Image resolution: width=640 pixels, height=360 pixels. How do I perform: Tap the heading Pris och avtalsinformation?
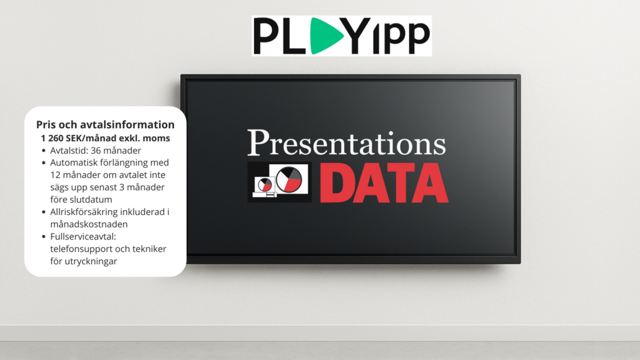click(x=105, y=124)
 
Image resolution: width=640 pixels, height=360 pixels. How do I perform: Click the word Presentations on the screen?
click(x=347, y=142)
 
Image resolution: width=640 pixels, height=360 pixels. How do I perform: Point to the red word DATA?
click(x=384, y=183)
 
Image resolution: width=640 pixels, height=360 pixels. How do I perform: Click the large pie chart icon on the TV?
click(x=289, y=180)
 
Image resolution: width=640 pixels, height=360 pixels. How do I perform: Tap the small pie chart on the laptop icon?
click(x=265, y=185)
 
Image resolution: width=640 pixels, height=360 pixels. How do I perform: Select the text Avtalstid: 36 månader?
click(x=96, y=150)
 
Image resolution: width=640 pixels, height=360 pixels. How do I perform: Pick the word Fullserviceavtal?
click(x=83, y=237)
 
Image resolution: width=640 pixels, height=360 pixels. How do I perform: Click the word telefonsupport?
click(x=78, y=249)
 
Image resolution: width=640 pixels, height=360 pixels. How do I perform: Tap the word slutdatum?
click(x=93, y=200)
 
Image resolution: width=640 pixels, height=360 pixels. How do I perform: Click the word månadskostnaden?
click(x=89, y=224)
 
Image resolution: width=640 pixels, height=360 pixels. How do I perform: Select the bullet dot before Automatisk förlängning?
click(x=43, y=163)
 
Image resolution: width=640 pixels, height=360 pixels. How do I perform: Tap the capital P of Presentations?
click(x=258, y=142)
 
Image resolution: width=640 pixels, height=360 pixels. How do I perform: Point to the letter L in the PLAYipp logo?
click(x=292, y=36)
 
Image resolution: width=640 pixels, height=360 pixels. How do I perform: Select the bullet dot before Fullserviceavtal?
click(x=43, y=237)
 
